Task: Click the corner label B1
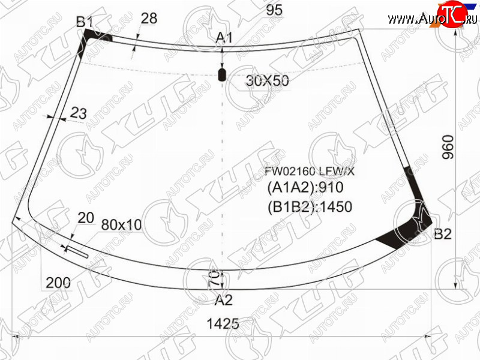(85, 22)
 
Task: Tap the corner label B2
(443, 234)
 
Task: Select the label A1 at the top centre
(224, 38)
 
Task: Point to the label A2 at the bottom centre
(223, 300)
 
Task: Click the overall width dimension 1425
(223, 323)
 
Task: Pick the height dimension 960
(448, 147)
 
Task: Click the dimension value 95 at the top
(274, 10)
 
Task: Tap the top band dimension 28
(149, 18)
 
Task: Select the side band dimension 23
(79, 113)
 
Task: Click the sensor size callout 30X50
(267, 81)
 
